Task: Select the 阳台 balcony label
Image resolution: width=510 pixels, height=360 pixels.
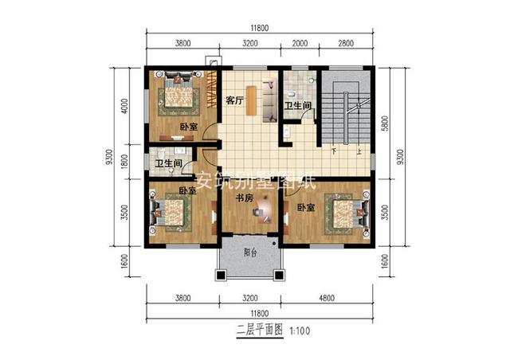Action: click(x=249, y=254)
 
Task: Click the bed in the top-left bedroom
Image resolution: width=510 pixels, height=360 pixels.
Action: click(x=178, y=92)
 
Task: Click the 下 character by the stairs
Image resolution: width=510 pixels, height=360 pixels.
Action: click(x=334, y=151)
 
